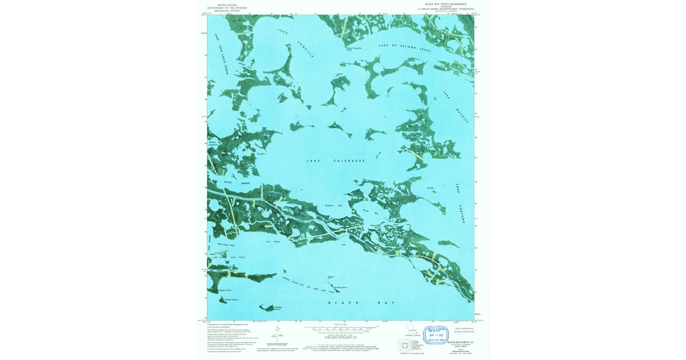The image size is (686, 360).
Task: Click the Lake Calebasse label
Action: (336, 161)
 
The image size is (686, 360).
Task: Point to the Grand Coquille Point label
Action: (354, 49)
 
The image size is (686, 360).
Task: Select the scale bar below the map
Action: (341, 329)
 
